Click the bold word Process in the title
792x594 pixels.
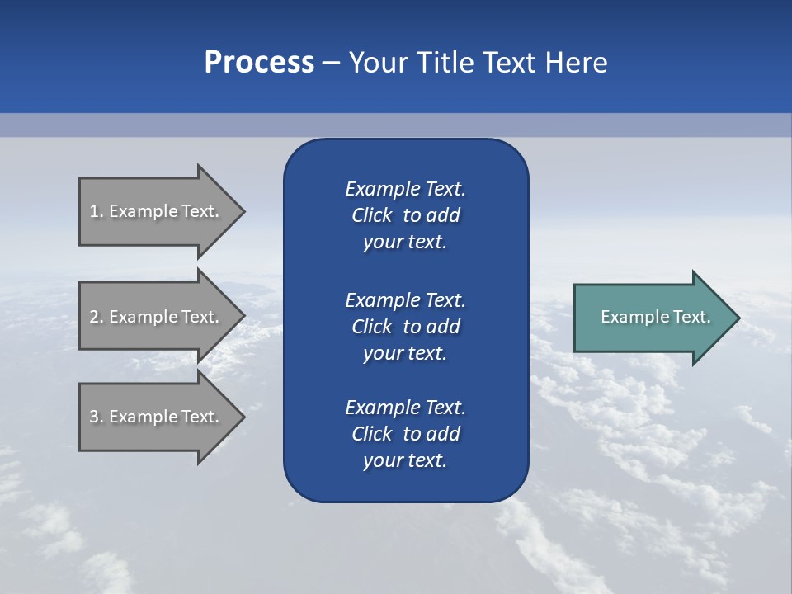(x=259, y=63)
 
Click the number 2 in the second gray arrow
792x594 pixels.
(x=94, y=317)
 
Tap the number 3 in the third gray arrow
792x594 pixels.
(x=94, y=417)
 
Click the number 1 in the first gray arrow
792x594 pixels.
(x=94, y=211)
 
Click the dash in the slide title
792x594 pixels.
(x=332, y=63)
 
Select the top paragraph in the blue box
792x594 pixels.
(x=405, y=215)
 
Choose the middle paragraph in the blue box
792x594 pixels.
(x=405, y=327)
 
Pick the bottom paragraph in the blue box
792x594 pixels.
(x=405, y=434)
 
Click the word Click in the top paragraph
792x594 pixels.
(x=371, y=215)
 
